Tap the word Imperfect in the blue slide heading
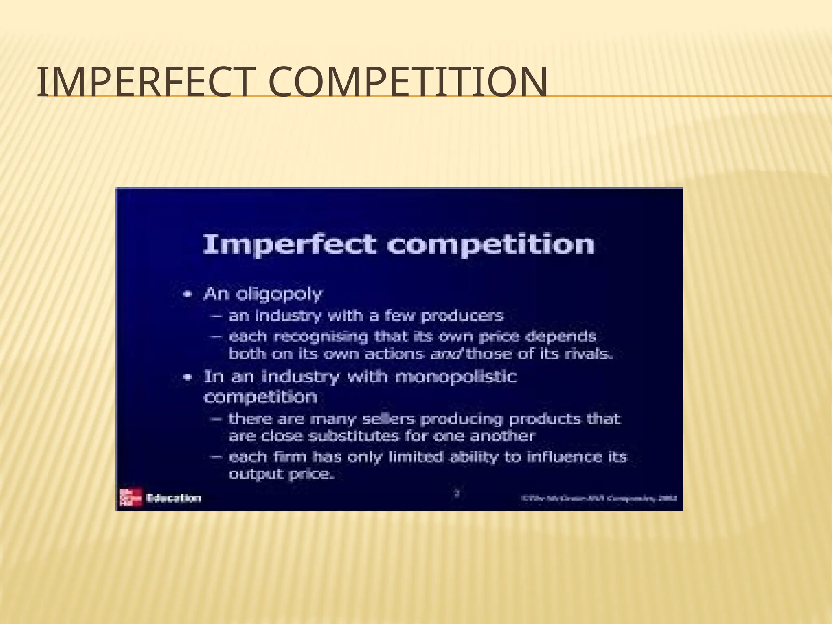click(289, 245)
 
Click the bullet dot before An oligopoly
click(187, 295)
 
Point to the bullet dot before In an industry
click(187, 377)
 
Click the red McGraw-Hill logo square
click(130, 497)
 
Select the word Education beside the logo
click(174, 498)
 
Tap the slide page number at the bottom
click(457, 494)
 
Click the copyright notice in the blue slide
click(601, 498)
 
